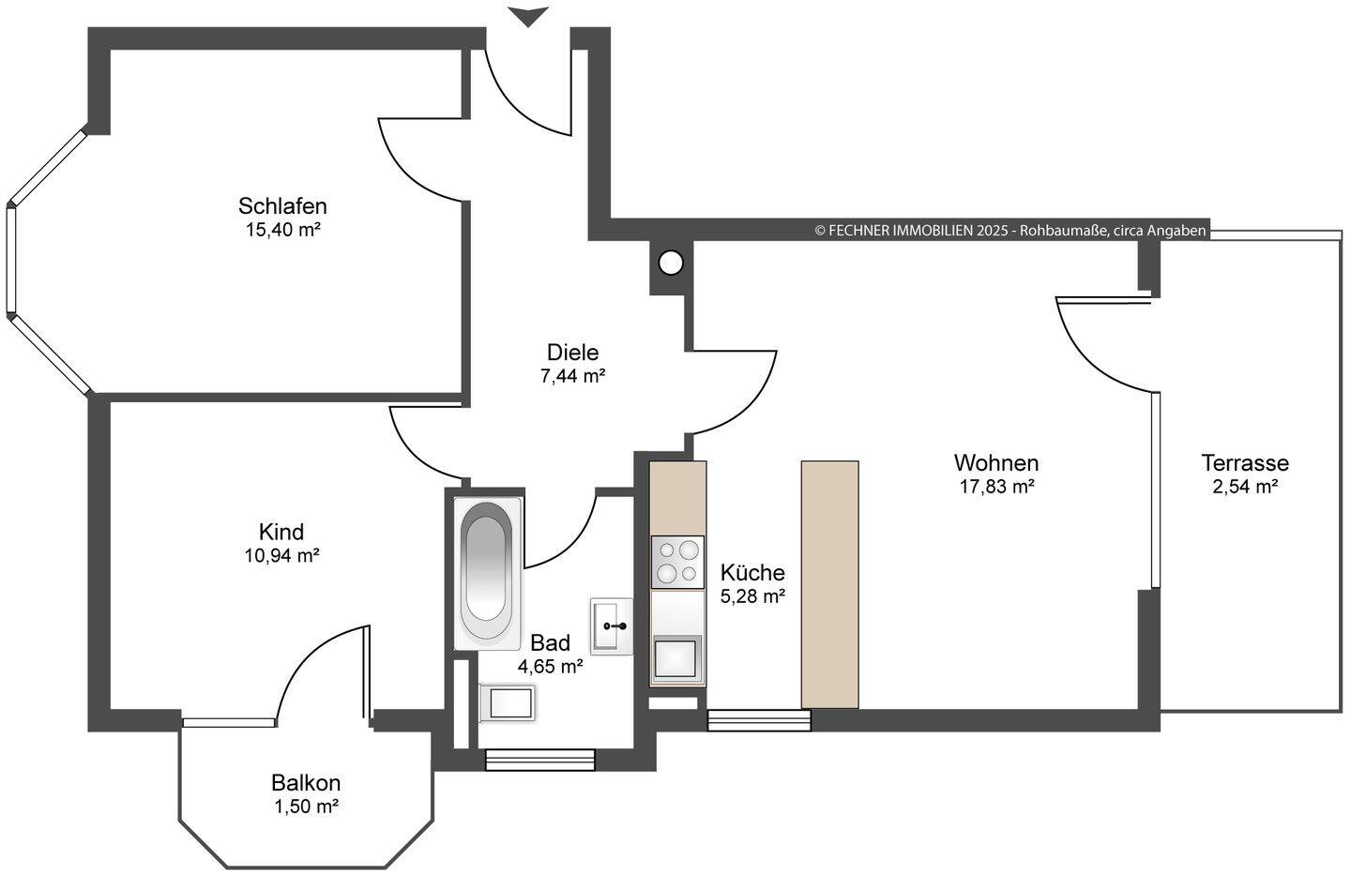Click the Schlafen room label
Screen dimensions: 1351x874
(x=282, y=206)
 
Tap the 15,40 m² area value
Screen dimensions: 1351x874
(x=283, y=230)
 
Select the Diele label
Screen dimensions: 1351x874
(x=572, y=352)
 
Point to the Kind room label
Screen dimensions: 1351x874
(x=281, y=532)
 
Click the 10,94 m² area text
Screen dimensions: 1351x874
(x=281, y=555)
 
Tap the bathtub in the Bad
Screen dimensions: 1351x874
(x=487, y=573)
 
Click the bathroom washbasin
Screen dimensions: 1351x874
(x=612, y=626)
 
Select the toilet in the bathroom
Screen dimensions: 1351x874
(x=507, y=702)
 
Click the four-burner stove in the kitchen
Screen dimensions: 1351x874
(x=677, y=562)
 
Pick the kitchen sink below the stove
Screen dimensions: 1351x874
(x=677, y=656)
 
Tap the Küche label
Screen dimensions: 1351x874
(x=752, y=572)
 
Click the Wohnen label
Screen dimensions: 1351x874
(x=996, y=463)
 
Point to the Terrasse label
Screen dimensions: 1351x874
(x=1245, y=463)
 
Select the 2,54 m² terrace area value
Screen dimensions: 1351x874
(x=1245, y=487)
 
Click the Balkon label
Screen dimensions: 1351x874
(x=306, y=782)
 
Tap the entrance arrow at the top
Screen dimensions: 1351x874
(x=527, y=17)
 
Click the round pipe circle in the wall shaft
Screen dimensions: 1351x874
(x=671, y=263)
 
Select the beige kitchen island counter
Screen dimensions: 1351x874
(x=829, y=584)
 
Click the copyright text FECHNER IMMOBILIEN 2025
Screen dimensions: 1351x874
(x=911, y=231)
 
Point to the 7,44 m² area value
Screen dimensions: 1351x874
(x=572, y=375)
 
